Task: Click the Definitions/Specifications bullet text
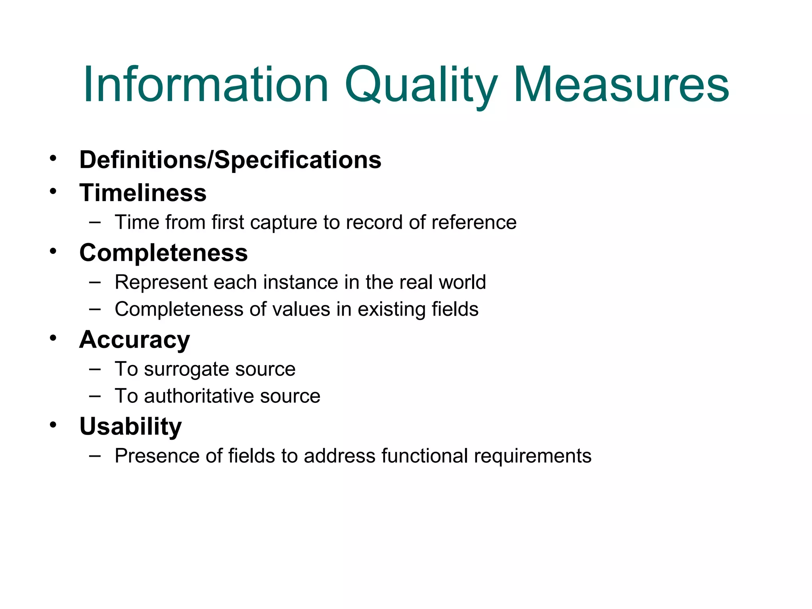point(230,160)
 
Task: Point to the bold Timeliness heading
point(143,193)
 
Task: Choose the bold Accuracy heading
point(134,340)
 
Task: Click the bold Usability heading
point(130,427)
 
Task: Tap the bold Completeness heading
point(163,253)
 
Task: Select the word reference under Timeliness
point(474,222)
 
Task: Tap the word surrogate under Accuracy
point(186,370)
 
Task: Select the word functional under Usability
point(425,456)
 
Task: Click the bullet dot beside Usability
point(53,425)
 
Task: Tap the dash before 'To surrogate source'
point(95,369)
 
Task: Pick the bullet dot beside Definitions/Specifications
point(53,158)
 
